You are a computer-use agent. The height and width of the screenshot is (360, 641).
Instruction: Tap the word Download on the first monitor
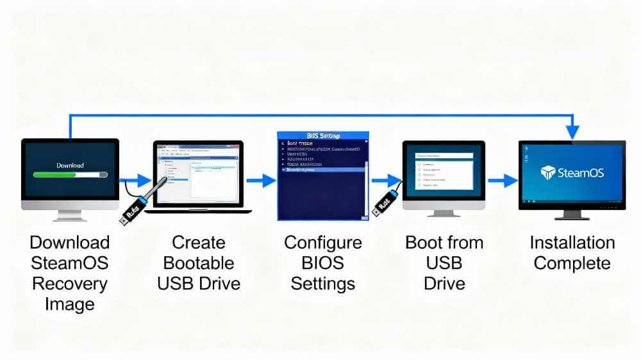(70, 165)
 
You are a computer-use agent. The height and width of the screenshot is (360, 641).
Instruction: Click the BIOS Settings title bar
(323, 136)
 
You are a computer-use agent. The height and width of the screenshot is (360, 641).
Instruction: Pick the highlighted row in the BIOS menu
(320, 170)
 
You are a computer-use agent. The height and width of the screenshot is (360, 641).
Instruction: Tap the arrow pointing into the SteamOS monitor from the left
(503, 181)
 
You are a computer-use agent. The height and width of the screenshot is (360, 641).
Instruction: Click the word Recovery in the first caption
(69, 283)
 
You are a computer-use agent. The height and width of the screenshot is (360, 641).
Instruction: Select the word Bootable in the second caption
(198, 263)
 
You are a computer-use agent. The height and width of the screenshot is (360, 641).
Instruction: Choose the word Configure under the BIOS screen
(323, 243)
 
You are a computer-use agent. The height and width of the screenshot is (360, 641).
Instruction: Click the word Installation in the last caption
(572, 243)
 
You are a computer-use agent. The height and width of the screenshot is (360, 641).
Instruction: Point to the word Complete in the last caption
(572, 263)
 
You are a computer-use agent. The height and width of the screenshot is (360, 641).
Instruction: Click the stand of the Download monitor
(69, 215)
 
